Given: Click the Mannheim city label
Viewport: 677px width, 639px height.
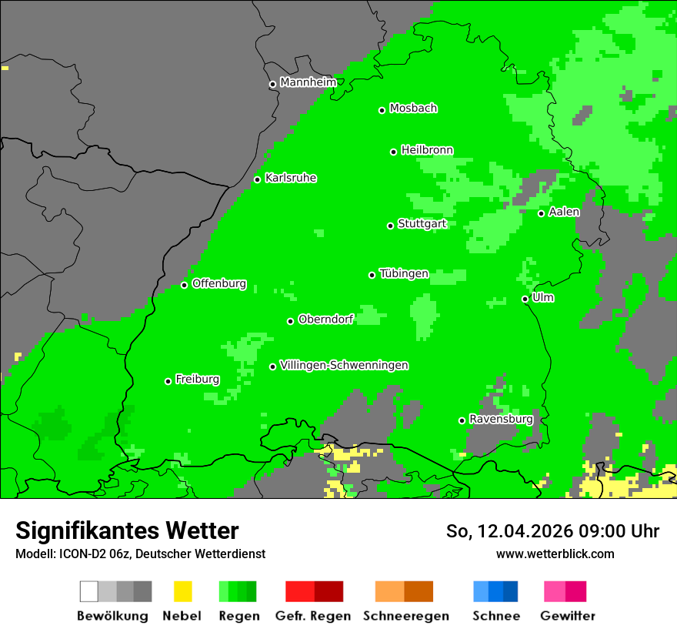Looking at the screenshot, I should [x=308, y=82].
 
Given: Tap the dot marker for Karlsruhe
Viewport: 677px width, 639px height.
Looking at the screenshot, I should [x=258, y=179].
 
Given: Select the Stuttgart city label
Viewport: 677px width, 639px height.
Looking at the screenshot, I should [x=422, y=224].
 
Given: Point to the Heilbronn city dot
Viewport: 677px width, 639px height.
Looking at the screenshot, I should [x=393, y=152].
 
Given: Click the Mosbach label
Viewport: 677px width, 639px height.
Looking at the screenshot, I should [x=413, y=109].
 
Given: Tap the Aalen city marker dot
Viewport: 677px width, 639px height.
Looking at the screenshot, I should [x=541, y=213].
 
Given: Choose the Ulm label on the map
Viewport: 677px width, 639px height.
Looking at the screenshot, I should [x=543, y=298].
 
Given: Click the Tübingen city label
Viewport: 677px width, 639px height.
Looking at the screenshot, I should [x=404, y=274].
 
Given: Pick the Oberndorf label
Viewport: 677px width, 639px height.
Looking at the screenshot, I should [x=325, y=319].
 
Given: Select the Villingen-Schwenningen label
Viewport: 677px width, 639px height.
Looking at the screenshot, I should [x=344, y=366].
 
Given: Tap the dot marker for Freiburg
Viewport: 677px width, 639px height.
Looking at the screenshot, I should [x=168, y=381].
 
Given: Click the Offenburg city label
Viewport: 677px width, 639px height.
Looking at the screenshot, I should [x=219, y=283].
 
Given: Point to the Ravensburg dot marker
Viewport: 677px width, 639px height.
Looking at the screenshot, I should [x=462, y=420].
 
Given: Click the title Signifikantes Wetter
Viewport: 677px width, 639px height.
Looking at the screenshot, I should [x=127, y=530].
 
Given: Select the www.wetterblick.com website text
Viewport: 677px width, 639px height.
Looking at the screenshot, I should [x=555, y=554].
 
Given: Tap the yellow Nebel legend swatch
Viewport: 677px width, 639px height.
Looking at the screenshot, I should [x=182, y=591].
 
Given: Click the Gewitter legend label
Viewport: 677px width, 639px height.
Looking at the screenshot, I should [x=567, y=616].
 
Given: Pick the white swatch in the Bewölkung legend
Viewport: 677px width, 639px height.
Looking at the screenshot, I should [x=89, y=591].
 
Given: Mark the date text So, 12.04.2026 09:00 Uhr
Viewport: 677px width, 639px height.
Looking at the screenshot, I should [x=552, y=531].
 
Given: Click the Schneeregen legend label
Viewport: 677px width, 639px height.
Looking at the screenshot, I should [x=405, y=616].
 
